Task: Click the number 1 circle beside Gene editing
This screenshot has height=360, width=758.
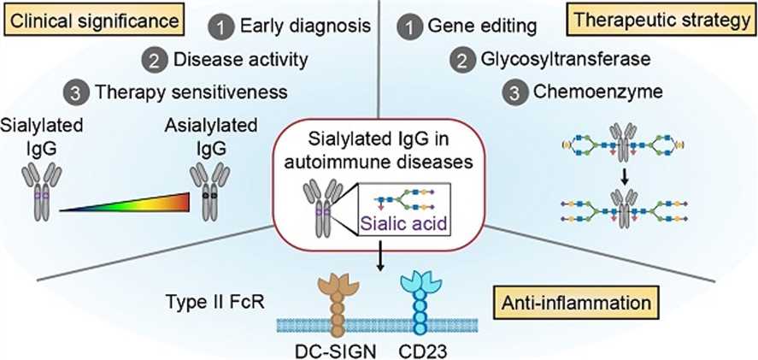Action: point(410,27)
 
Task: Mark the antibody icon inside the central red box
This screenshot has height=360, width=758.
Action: point(320,206)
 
